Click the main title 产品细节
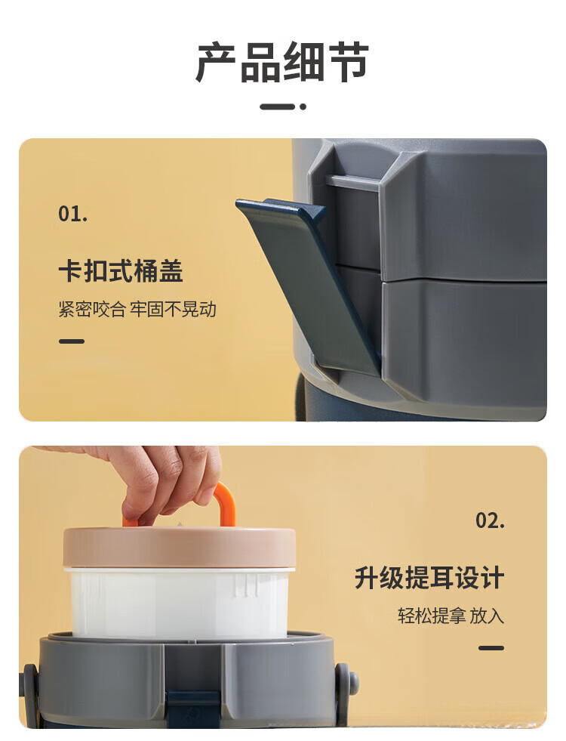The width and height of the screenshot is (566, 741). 282,62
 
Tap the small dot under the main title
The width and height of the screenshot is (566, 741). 303,107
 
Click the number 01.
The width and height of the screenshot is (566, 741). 72,214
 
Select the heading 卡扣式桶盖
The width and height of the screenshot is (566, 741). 121,270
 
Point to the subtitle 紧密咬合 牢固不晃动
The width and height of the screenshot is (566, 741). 137,309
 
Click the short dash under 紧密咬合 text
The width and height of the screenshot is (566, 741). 72,341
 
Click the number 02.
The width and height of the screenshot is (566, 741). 490,520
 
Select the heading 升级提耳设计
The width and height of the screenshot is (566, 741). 429,578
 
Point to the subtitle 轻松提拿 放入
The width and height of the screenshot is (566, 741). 451,616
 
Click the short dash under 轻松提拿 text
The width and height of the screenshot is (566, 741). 491,648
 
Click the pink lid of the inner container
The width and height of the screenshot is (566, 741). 180,547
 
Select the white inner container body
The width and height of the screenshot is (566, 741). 180,604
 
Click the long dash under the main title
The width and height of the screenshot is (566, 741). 278,107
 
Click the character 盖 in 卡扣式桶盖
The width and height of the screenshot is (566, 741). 171,270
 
